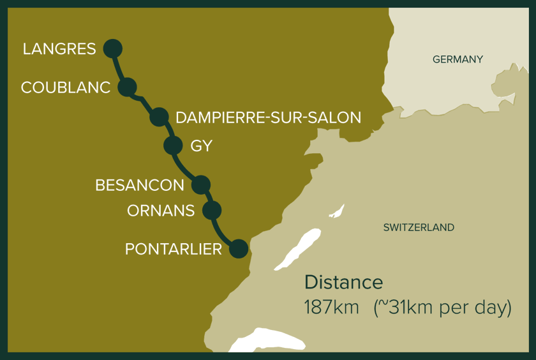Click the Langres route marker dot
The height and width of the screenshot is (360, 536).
112,48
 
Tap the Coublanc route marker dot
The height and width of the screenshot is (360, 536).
128,87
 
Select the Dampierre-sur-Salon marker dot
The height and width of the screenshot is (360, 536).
159,117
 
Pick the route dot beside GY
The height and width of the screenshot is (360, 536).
173,146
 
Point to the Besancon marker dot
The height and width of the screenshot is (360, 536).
200,184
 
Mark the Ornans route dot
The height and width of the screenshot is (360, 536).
212,210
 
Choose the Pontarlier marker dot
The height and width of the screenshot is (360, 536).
238,248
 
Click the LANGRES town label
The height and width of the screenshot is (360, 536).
59,49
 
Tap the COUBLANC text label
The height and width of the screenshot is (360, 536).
66,87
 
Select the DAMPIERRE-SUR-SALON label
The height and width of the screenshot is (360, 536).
268,117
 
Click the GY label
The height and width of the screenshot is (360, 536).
201,146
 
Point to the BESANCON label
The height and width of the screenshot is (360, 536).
139,185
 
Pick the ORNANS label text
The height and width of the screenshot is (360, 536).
161,211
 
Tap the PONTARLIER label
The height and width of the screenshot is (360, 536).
173,249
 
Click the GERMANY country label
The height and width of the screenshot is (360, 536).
458,59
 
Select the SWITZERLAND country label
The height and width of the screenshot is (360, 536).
419,227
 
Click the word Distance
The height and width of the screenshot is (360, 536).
343,282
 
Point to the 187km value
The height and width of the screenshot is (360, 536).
331,307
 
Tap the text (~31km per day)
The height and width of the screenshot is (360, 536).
442,307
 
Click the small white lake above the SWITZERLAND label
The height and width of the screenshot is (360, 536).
337,211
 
